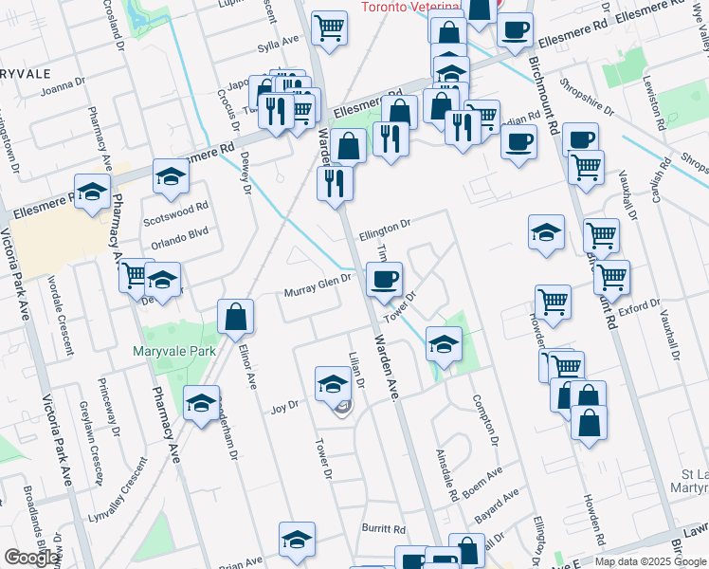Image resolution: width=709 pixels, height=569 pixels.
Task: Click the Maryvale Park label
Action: (174, 351)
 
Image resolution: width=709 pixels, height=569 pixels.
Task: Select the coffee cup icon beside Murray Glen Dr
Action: (383, 279)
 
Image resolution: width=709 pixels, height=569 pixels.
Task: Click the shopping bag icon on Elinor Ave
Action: (235, 318)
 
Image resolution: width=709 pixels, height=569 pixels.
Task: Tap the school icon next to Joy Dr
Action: (332, 383)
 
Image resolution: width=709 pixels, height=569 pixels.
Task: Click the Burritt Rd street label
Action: (383, 529)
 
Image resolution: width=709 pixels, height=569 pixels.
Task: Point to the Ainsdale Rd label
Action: (447, 475)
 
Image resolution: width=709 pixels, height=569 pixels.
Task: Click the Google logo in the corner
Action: (31, 557)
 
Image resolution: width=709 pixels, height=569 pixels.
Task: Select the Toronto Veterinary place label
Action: (410, 7)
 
